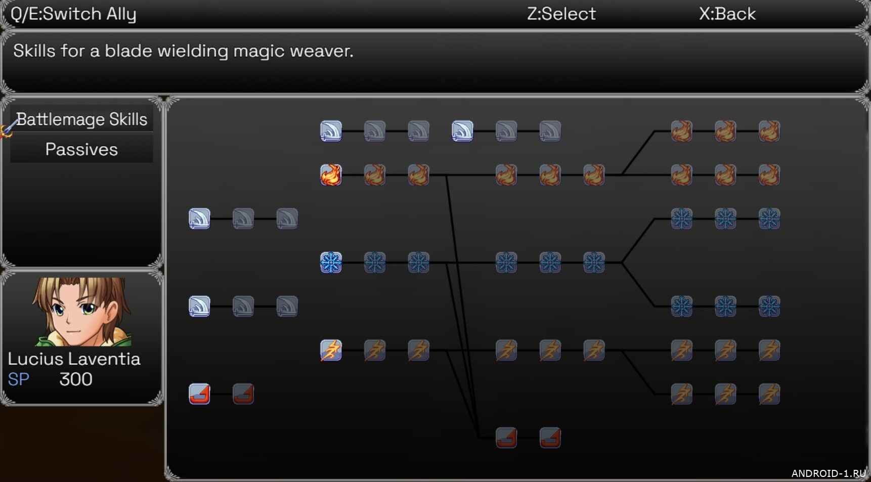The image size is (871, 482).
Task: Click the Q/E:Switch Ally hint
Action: coord(73,14)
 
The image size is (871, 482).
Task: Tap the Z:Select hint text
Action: coord(561,14)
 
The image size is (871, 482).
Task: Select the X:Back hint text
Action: coord(727,14)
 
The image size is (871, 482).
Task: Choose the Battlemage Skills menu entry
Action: coord(81,119)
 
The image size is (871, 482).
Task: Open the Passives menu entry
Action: coord(81,150)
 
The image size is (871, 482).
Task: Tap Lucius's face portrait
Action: coord(81,311)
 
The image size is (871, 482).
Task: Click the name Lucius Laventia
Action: coord(74,359)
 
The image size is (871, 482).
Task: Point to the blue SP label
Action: coord(18,379)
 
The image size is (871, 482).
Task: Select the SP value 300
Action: coord(76,379)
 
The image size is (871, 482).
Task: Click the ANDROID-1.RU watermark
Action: coord(828,473)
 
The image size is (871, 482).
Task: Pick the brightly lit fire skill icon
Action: coord(331,175)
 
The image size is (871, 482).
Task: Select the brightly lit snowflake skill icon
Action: coord(331,262)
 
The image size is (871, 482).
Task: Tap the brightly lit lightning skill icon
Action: coord(331,350)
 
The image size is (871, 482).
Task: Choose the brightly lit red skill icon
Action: coord(199,394)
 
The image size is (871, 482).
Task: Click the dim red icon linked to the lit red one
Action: coord(243,394)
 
